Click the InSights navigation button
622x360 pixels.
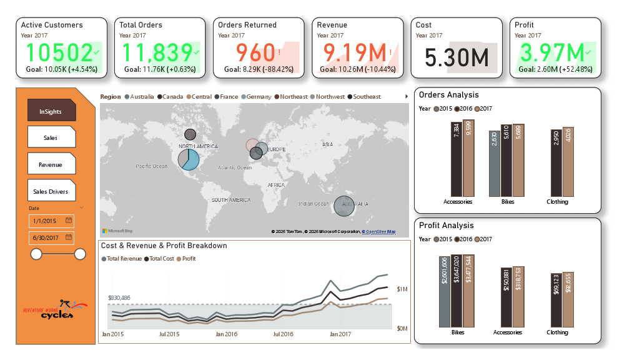click(51, 111)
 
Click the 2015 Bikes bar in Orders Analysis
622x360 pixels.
click(494, 164)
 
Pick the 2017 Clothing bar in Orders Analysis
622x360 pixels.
click(567, 162)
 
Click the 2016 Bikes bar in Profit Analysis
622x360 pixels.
click(457, 291)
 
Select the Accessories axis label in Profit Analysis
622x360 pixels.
click(507, 332)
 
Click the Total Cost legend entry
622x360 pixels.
click(159, 258)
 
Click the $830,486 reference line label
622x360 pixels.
click(119, 298)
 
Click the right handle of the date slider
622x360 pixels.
click(80, 254)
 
